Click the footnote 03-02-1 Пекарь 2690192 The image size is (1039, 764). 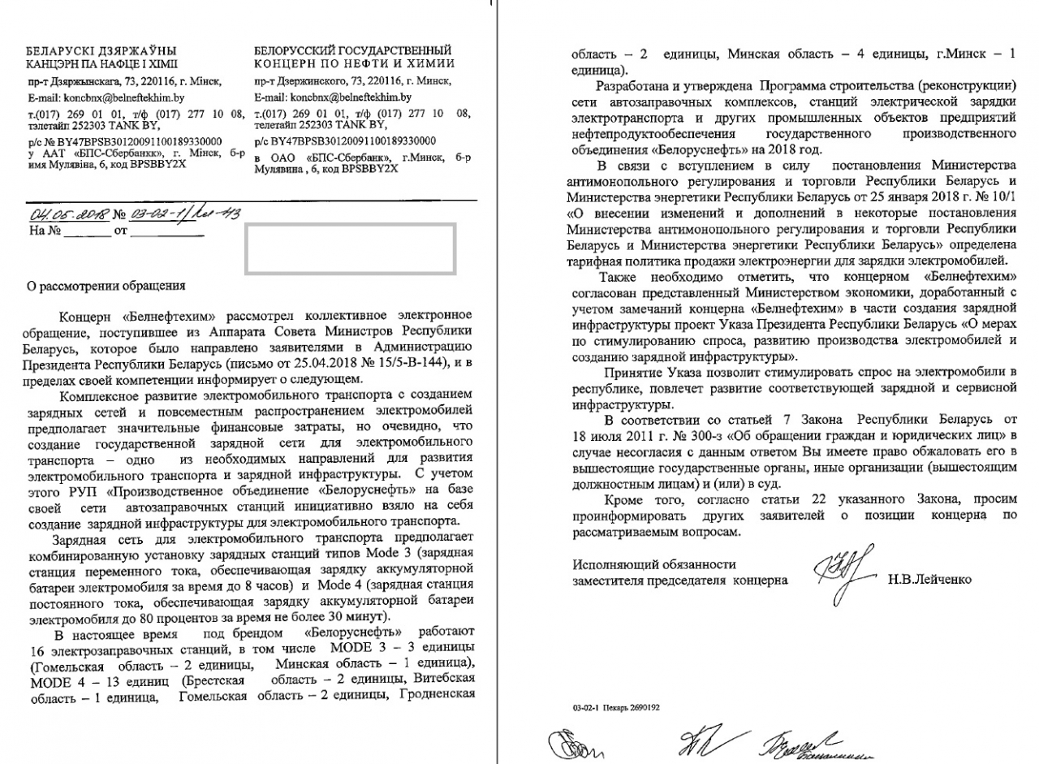(615, 707)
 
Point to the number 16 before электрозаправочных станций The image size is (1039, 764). (36, 651)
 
